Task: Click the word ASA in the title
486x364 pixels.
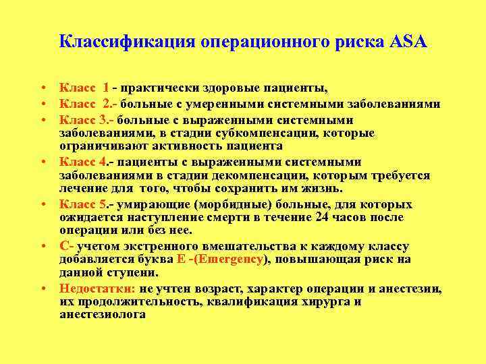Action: click(408, 42)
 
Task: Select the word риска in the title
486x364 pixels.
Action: click(361, 42)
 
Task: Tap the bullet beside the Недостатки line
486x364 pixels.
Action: click(43, 289)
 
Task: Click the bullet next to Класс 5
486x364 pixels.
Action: click(43, 204)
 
